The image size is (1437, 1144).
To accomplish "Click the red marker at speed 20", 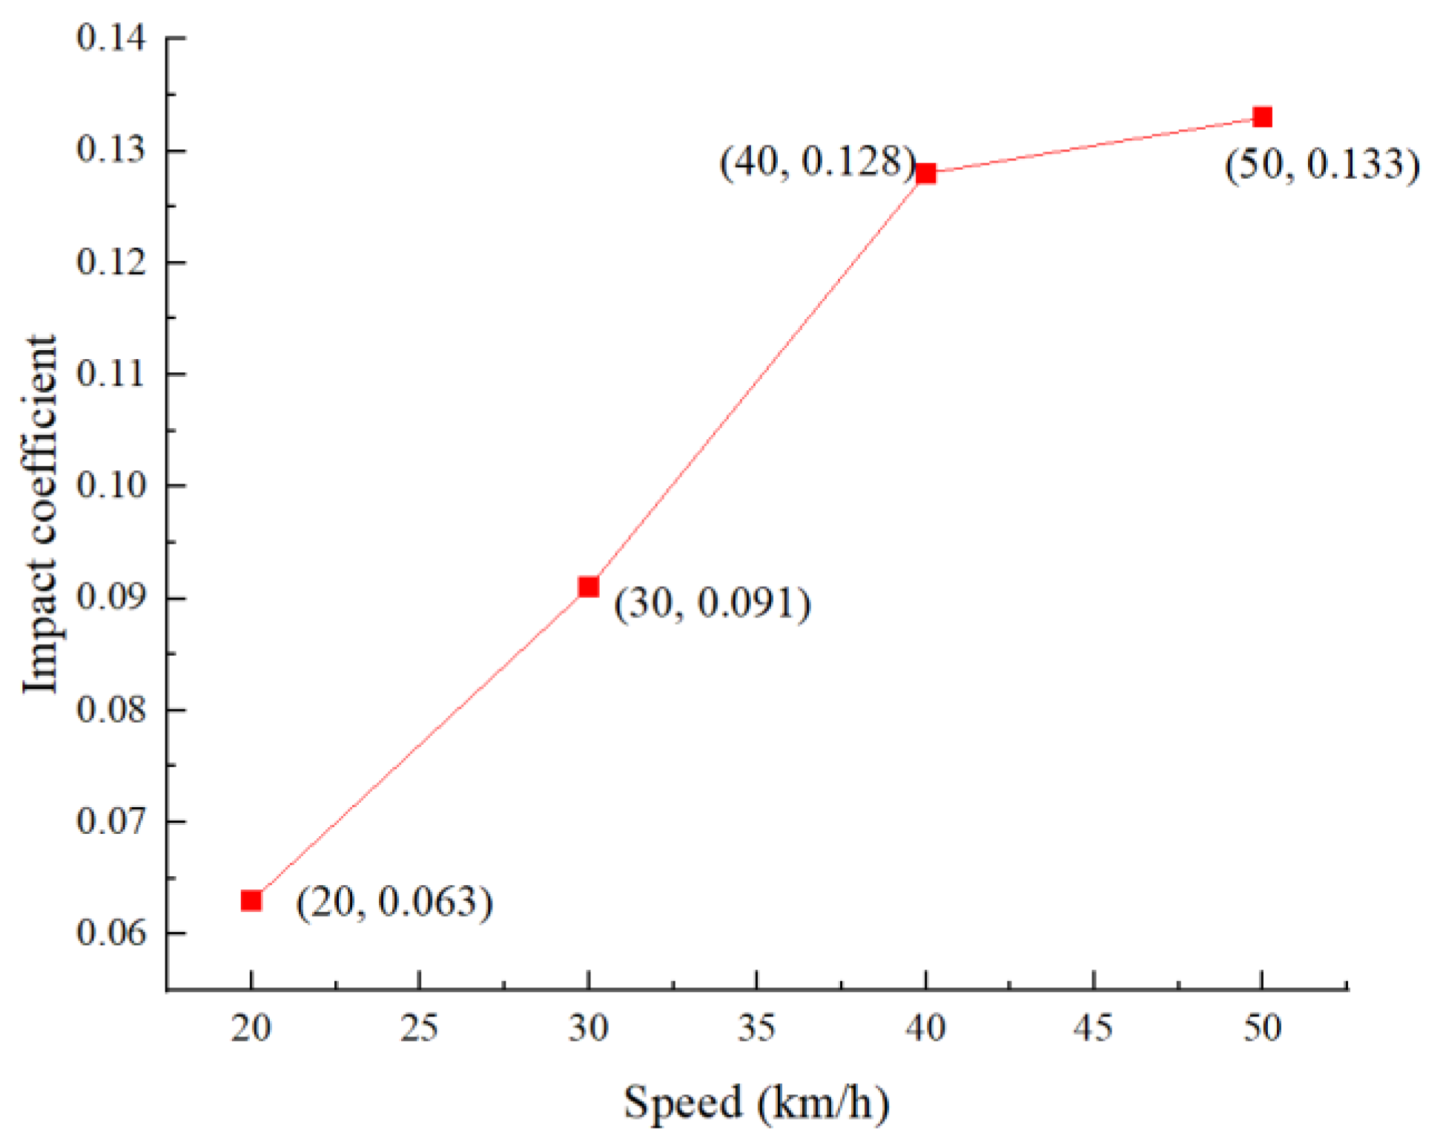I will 251,901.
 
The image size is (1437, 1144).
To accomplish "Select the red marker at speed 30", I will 588,587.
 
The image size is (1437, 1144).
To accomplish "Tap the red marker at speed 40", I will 925,174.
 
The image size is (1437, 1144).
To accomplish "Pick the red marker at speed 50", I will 1262,117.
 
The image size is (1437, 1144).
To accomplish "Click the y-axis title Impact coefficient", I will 40,513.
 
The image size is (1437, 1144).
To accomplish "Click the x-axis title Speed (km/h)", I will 756,1102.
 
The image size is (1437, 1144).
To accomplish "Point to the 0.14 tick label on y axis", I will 111,37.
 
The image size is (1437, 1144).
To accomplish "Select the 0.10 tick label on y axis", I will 111,485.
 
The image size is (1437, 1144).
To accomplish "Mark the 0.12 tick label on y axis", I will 111,262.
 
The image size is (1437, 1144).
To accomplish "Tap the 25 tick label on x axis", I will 420,1028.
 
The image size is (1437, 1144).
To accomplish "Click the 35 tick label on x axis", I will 756,1028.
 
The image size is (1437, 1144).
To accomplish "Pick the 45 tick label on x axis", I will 1094,1028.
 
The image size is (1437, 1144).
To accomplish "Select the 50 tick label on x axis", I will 1262,1028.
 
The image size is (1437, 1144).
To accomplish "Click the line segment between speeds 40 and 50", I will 1094,145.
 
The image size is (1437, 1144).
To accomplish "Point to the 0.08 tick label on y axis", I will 111,709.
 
